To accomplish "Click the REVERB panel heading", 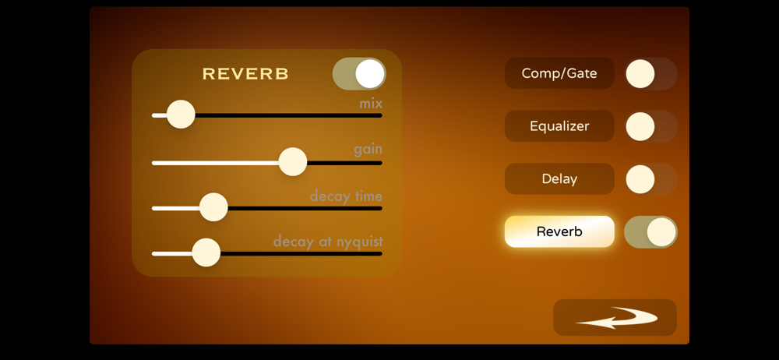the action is (245, 74).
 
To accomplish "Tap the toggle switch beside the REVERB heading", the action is (359, 73).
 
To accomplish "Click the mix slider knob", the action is (181, 115).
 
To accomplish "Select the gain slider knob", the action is (293, 161).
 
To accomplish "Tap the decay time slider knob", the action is (213, 206).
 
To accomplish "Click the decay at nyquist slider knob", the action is (206, 252).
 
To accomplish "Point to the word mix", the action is (371, 104).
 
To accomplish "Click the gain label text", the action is (368, 150).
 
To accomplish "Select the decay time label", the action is (347, 196).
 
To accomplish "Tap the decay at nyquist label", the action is (328, 242).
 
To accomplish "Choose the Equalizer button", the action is (559, 126).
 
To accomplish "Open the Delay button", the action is (559, 179).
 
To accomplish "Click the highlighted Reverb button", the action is (559, 231).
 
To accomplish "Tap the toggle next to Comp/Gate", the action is (650, 73).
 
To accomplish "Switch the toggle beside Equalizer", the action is (650, 126).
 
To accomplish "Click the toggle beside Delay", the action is (650, 179).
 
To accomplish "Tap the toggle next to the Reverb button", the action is (650, 231).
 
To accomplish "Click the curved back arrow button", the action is (615, 318).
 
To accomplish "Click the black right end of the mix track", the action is (380, 115).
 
